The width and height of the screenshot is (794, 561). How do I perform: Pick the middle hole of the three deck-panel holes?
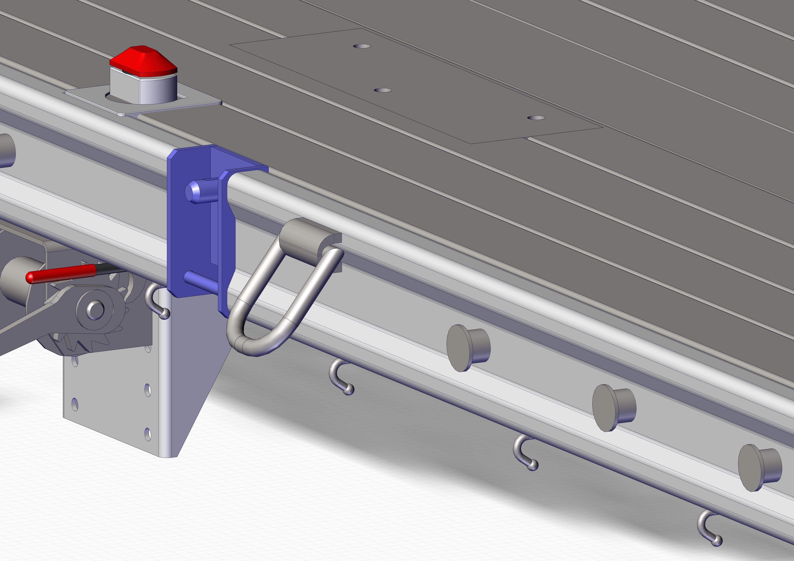(x=383, y=90)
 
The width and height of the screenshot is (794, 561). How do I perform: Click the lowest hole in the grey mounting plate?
(x=148, y=434)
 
